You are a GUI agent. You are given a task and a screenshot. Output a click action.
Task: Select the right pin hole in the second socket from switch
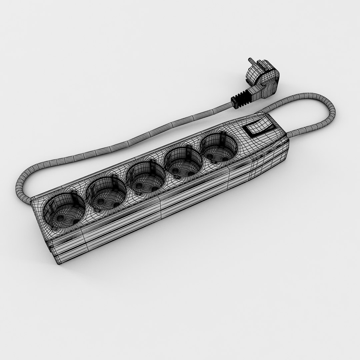click(191, 173)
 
